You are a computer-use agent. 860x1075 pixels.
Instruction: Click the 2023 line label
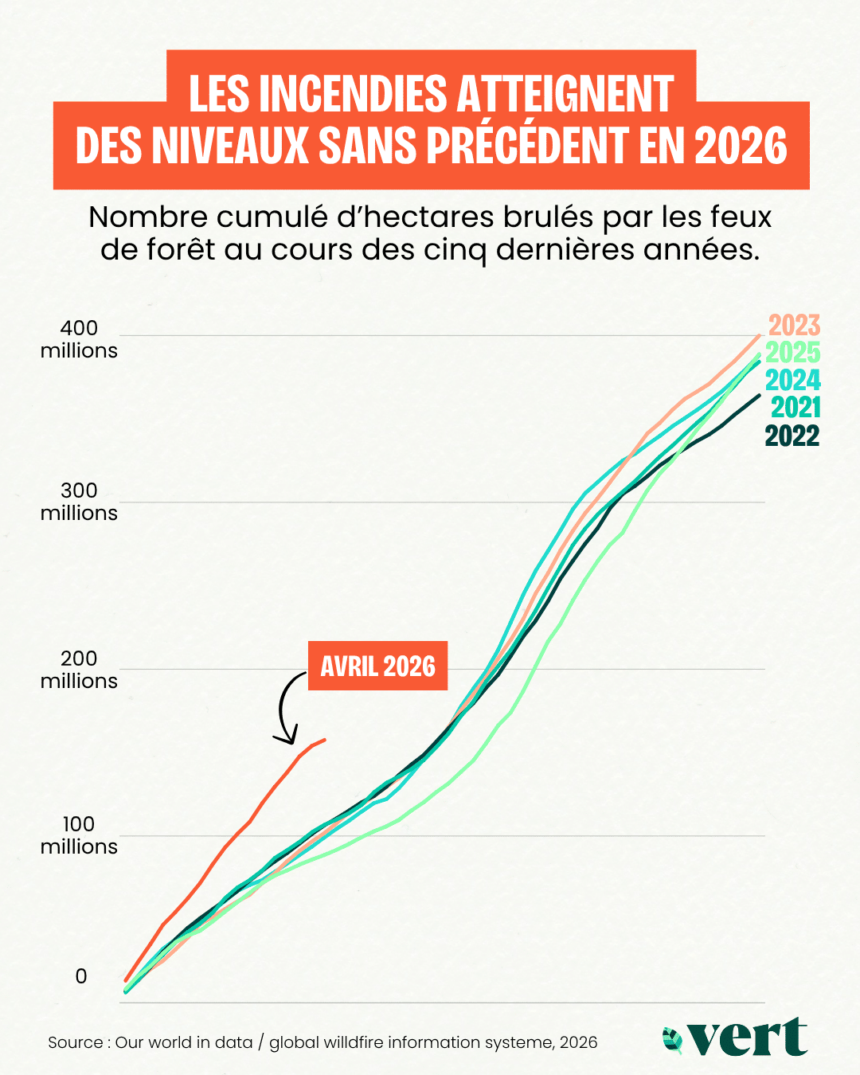pyautogui.click(x=794, y=325)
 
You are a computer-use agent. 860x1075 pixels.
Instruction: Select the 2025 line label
pyautogui.click(x=792, y=353)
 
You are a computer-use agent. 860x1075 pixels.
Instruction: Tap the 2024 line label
pyautogui.click(x=792, y=380)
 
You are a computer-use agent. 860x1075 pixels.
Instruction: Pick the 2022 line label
pyautogui.click(x=792, y=436)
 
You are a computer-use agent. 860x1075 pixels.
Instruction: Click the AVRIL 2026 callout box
pyautogui.click(x=377, y=666)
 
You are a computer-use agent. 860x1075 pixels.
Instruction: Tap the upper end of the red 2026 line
pyautogui.click(x=326, y=739)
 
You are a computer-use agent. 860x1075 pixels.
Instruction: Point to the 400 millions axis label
pyautogui.click(x=79, y=339)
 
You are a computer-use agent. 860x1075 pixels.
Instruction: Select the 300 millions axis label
pyautogui.click(x=79, y=502)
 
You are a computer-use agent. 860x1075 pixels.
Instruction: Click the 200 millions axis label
pyautogui.click(x=79, y=670)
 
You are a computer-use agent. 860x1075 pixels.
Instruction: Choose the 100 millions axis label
pyautogui.click(x=79, y=835)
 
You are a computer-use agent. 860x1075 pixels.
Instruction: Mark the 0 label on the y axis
pyautogui.click(x=81, y=976)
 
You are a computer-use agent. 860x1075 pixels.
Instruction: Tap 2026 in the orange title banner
pyautogui.click(x=741, y=145)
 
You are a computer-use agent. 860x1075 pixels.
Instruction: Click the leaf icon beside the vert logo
pyautogui.click(x=673, y=1040)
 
